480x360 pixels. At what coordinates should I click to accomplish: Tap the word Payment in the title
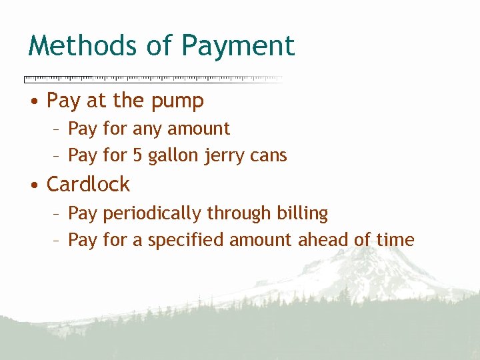pyautogui.click(x=238, y=47)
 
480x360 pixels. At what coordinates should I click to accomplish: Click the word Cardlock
pyautogui.click(x=88, y=184)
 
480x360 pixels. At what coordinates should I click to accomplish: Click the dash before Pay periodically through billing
pyautogui.click(x=57, y=214)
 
